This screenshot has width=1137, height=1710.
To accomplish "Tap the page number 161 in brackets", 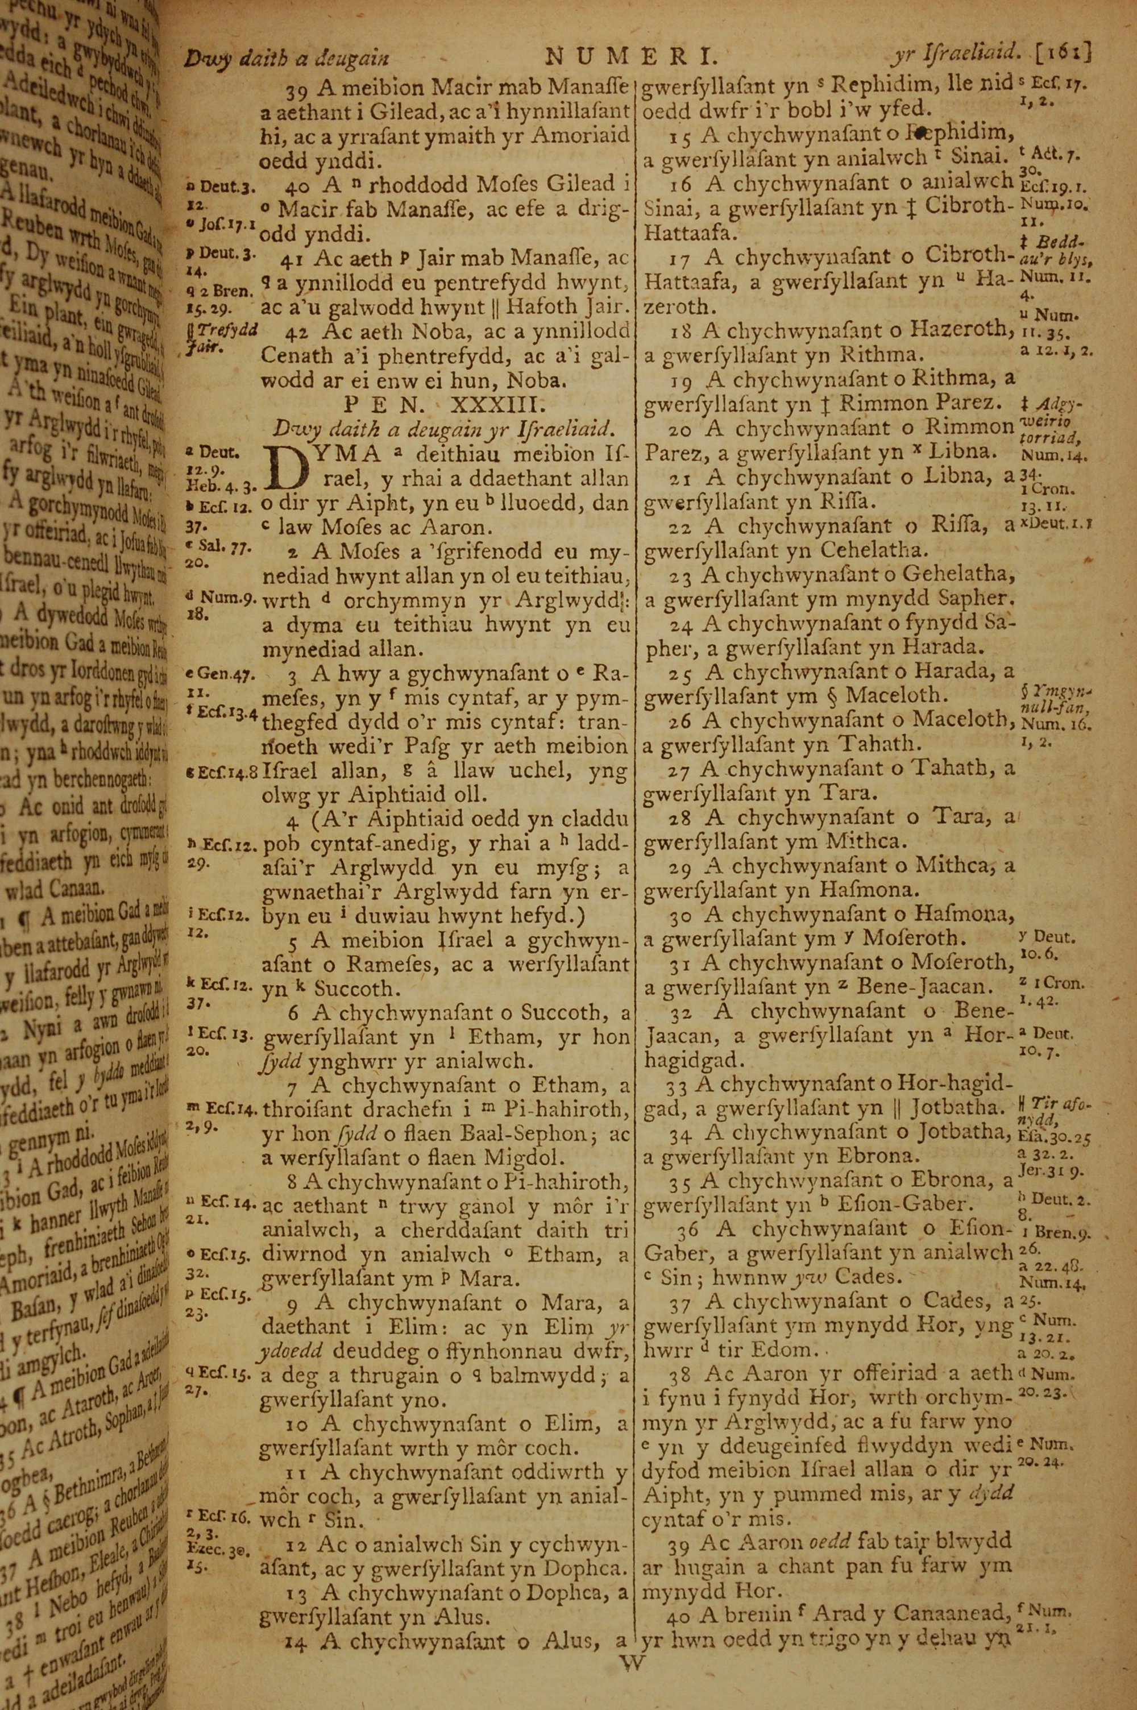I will pyautogui.click(x=1064, y=53).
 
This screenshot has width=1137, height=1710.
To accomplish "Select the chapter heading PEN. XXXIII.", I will pyautogui.click(x=445, y=403).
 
